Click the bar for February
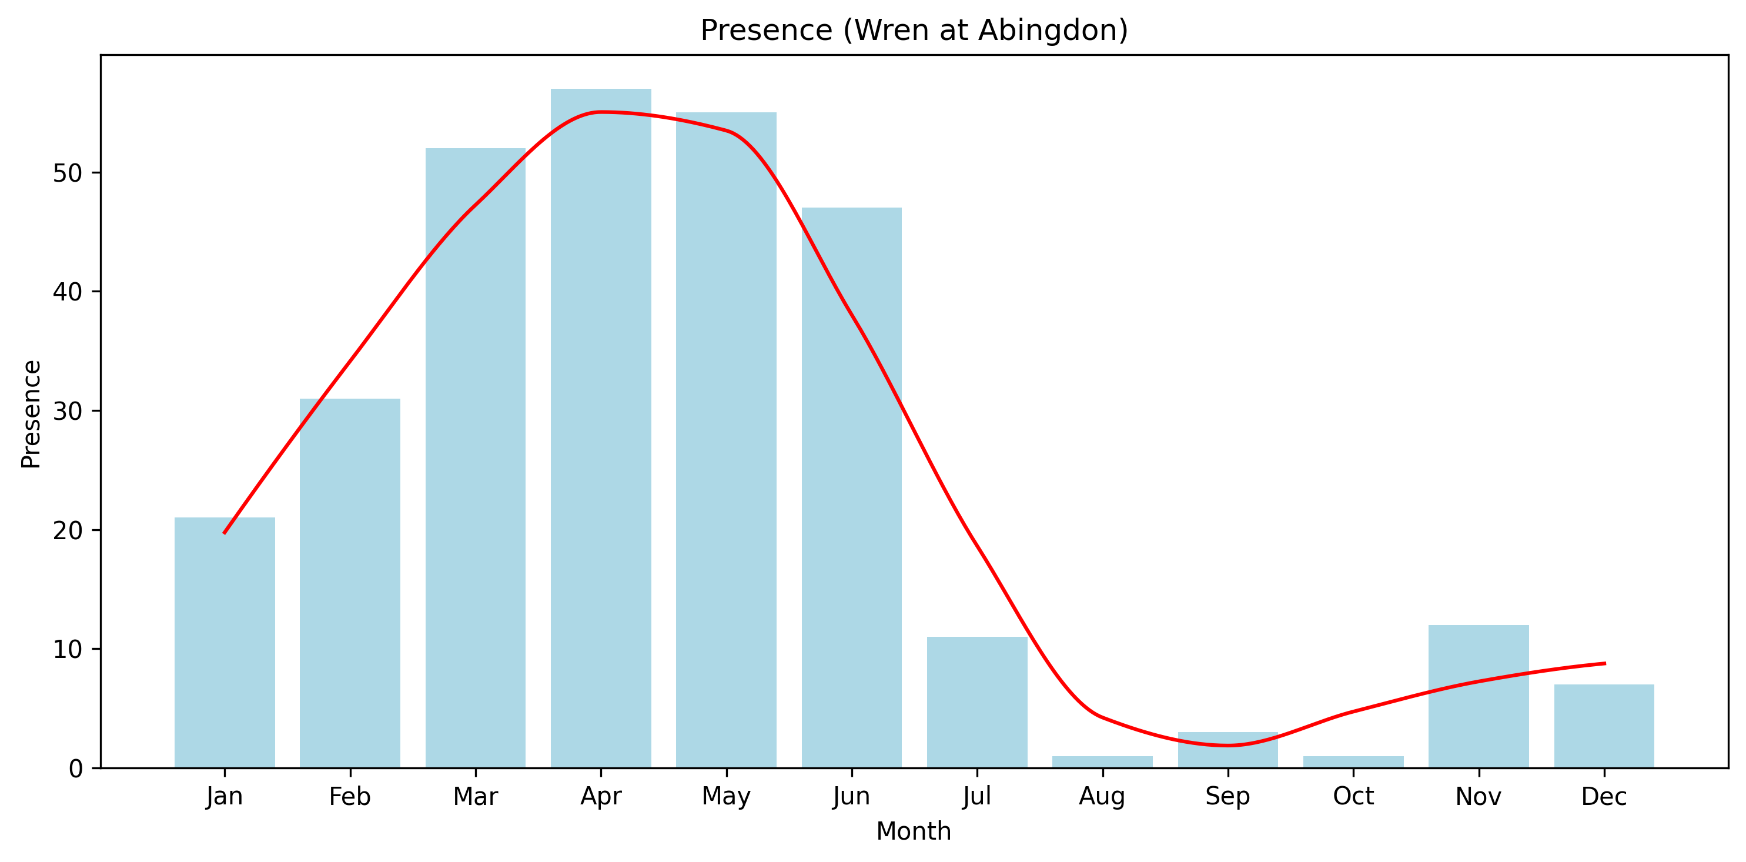(x=350, y=583)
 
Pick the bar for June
(x=851, y=488)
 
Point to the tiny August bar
(x=1102, y=761)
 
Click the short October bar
(x=1353, y=761)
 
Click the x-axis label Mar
(x=475, y=797)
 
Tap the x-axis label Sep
(x=1227, y=797)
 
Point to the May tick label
(x=726, y=797)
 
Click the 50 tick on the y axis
(x=67, y=173)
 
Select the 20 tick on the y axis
(x=67, y=530)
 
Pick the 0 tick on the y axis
(x=75, y=769)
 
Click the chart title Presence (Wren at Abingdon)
(x=914, y=31)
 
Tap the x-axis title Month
(x=914, y=831)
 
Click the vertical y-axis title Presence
(x=31, y=414)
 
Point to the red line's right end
(x=1604, y=663)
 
